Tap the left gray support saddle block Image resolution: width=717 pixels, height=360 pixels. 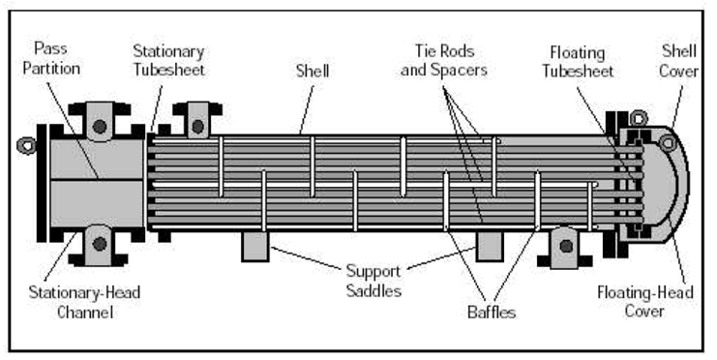[x=254, y=246]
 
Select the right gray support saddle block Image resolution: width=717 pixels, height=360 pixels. [x=489, y=246]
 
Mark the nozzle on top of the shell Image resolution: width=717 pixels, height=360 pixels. [x=196, y=125]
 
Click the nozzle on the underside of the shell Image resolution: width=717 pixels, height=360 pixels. [x=565, y=245]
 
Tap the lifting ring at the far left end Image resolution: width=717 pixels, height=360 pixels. [x=24, y=147]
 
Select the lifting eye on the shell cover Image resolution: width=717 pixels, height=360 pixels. [x=668, y=143]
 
